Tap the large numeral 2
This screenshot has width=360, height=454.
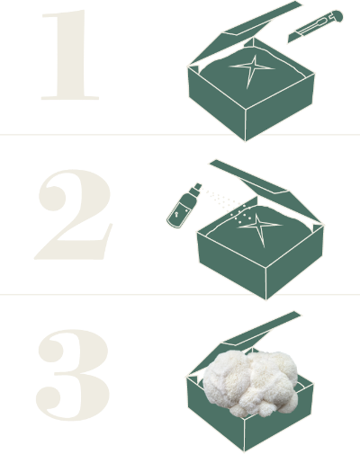click(74, 214)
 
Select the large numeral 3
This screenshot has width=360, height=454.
click(73, 375)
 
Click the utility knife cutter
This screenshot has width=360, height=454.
click(315, 27)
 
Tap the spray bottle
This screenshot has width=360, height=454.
click(184, 206)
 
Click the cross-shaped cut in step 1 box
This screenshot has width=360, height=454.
click(252, 69)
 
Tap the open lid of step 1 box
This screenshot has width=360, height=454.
click(245, 33)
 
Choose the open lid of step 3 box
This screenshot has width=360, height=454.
click(244, 342)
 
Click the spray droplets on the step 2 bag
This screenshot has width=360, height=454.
click(241, 213)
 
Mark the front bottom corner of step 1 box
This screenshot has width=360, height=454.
click(246, 140)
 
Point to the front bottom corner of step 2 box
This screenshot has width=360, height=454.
click(265, 299)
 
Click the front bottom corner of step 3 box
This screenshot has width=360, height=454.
click(244, 452)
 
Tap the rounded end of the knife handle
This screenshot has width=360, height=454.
click(337, 15)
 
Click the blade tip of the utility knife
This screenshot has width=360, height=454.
click(288, 42)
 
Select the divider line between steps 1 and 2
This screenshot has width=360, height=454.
click(180, 135)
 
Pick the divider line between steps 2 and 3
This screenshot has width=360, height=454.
click(180, 295)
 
